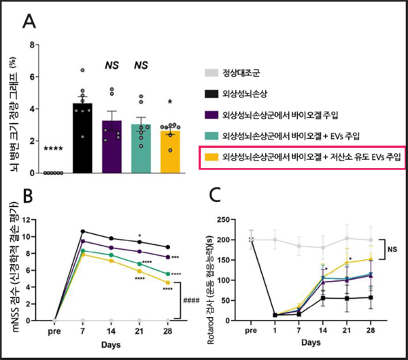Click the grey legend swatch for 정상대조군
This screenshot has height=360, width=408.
tap(212, 71)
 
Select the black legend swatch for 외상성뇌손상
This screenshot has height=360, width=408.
tap(212, 93)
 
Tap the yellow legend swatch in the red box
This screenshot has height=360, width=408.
tap(212, 157)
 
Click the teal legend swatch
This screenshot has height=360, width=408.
tap(212, 135)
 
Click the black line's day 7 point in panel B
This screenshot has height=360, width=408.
tap(82, 231)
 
